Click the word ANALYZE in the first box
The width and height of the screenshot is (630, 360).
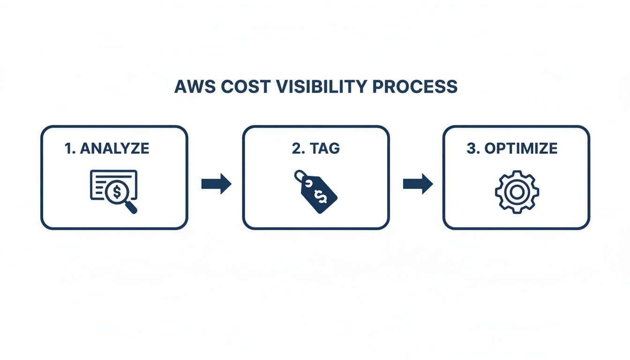point(115,149)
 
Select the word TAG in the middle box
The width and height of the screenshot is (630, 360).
point(324,149)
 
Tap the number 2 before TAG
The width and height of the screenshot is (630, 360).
point(297,149)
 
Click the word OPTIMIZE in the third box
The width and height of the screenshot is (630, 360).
point(521,149)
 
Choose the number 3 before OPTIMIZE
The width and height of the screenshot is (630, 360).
point(472,149)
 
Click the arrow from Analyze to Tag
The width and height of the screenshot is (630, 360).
point(216,184)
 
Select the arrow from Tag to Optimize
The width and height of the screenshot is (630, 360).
point(418,184)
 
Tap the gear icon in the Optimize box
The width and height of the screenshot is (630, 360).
point(517,192)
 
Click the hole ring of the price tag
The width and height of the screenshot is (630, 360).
point(299,176)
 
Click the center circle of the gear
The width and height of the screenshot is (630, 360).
point(517,192)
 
